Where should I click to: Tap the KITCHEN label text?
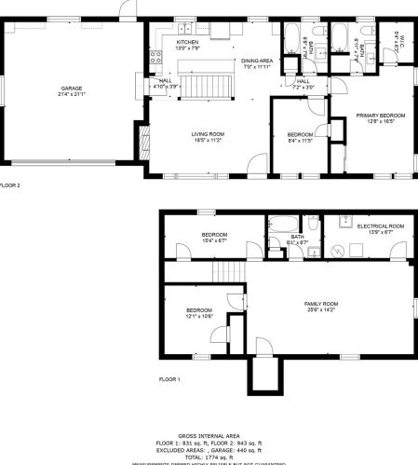(x=188, y=42)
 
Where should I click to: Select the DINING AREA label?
(x=256, y=61)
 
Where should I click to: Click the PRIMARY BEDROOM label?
(x=376, y=115)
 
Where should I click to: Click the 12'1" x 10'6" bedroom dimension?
(x=199, y=317)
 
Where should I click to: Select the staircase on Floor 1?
(x=227, y=271)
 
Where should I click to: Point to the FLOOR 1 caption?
(x=169, y=379)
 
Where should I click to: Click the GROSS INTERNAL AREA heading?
(x=209, y=435)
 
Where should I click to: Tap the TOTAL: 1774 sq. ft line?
(x=209, y=457)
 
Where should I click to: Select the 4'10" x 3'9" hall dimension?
(x=165, y=87)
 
